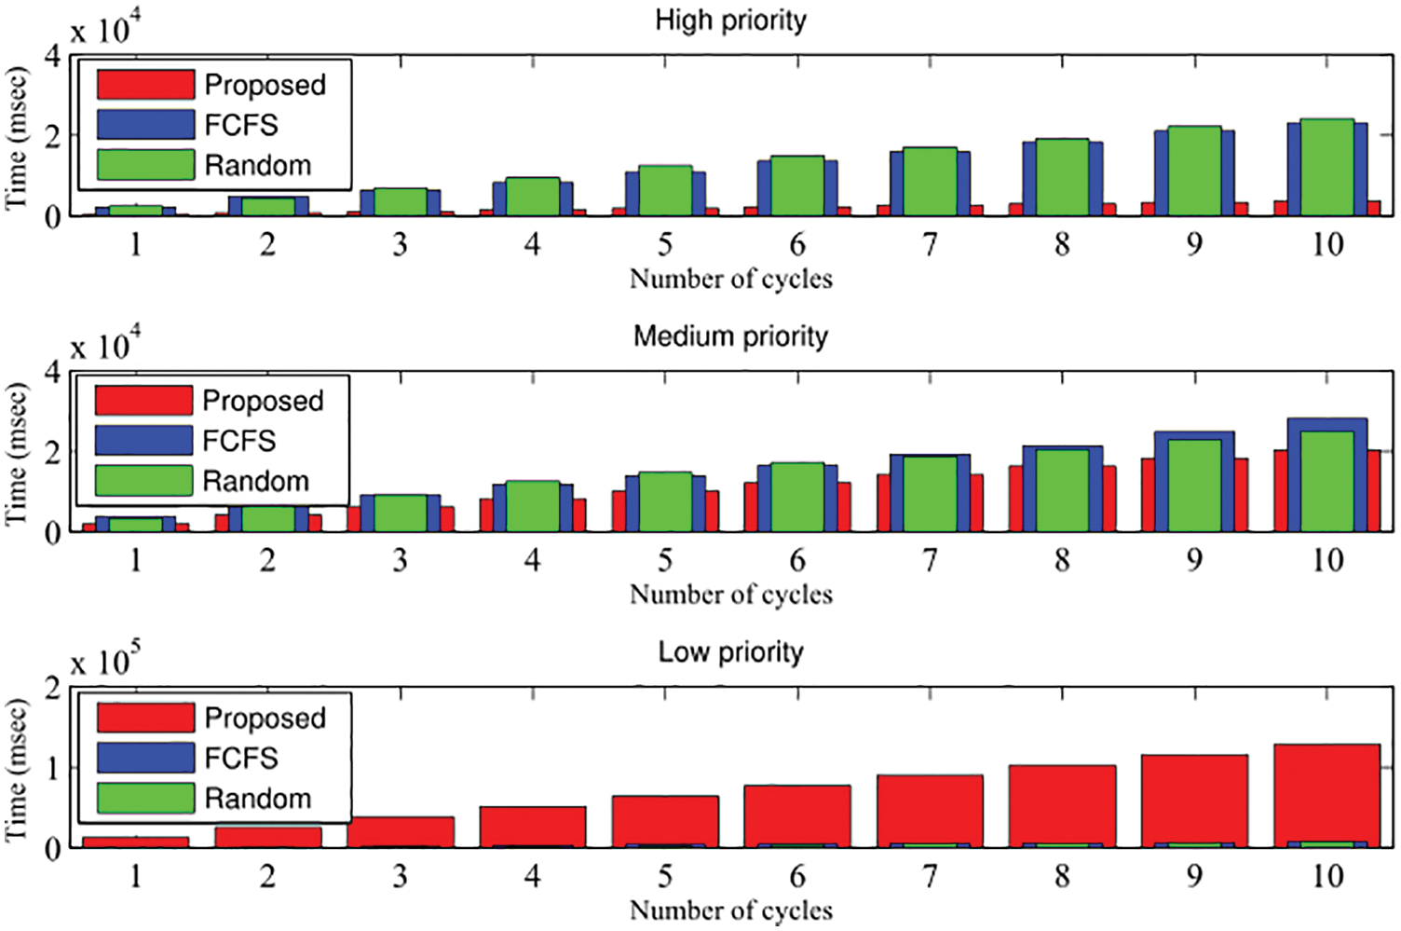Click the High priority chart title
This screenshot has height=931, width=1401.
tap(730, 21)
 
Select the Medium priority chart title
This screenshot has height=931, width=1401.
tap(730, 336)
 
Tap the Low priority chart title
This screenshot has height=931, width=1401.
tap(730, 652)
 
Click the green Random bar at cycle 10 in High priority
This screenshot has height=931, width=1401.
tap(1326, 168)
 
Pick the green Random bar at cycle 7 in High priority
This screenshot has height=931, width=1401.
tap(930, 182)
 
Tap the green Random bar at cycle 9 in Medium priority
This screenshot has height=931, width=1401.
tap(1194, 485)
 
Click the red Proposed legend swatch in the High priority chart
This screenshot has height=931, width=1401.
tap(145, 85)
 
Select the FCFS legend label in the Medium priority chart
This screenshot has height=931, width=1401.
tap(239, 441)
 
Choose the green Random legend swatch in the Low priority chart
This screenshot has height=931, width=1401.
tap(145, 799)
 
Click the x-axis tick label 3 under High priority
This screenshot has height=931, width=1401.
tap(400, 245)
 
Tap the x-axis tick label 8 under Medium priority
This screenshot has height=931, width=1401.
tap(1062, 561)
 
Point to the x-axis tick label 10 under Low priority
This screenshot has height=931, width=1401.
tap(1326, 877)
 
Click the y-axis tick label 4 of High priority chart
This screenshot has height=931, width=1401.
tap(53, 56)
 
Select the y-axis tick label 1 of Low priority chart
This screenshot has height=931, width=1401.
tap(53, 768)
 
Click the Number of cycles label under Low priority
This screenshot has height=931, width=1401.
tap(730, 910)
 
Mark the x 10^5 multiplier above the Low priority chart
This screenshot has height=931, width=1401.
tap(104, 661)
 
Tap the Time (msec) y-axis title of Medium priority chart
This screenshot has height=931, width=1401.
tap(17, 452)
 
